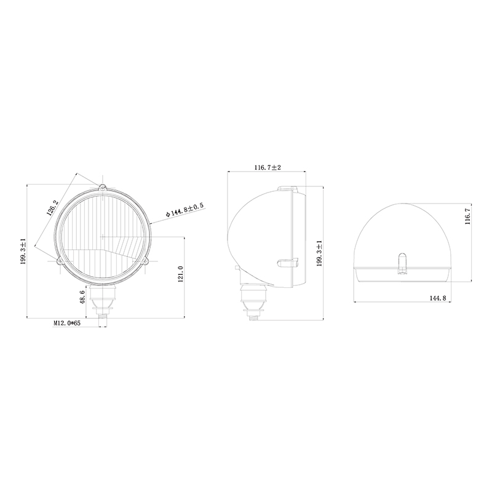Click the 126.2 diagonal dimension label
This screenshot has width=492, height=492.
pos(54,208)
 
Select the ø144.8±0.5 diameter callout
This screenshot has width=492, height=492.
pos(184,211)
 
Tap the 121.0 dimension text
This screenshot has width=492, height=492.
pos(180,275)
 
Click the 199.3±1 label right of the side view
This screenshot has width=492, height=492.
pos(319,253)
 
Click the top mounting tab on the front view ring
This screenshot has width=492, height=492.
pos(103,187)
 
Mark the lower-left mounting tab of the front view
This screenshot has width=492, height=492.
pos(60,261)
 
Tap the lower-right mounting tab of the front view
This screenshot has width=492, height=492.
pos(146,261)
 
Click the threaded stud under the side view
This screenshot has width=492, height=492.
pos(253,316)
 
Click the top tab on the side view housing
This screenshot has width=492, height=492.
pos(288,189)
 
